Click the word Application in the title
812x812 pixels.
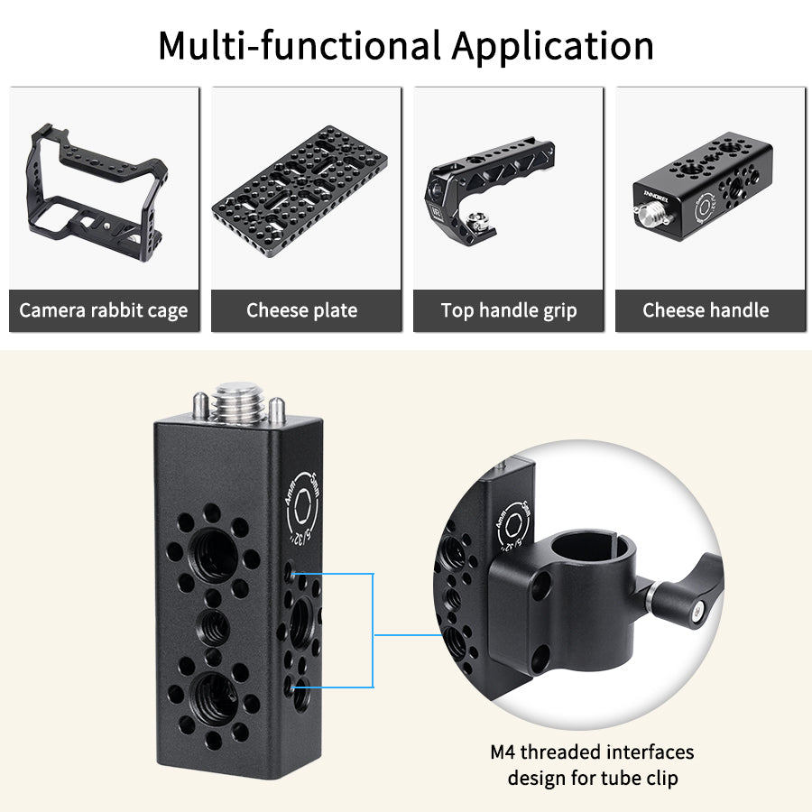click(x=552, y=45)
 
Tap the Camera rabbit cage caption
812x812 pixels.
click(x=104, y=311)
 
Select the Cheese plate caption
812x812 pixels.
click(x=302, y=311)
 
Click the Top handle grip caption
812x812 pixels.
click(x=509, y=311)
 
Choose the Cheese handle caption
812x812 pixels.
click(x=706, y=311)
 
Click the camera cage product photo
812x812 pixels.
click(x=99, y=185)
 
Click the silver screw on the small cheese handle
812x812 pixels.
click(x=649, y=217)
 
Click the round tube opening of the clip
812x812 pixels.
click(x=584, y=547)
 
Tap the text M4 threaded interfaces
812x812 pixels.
click(x=592, y=752)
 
